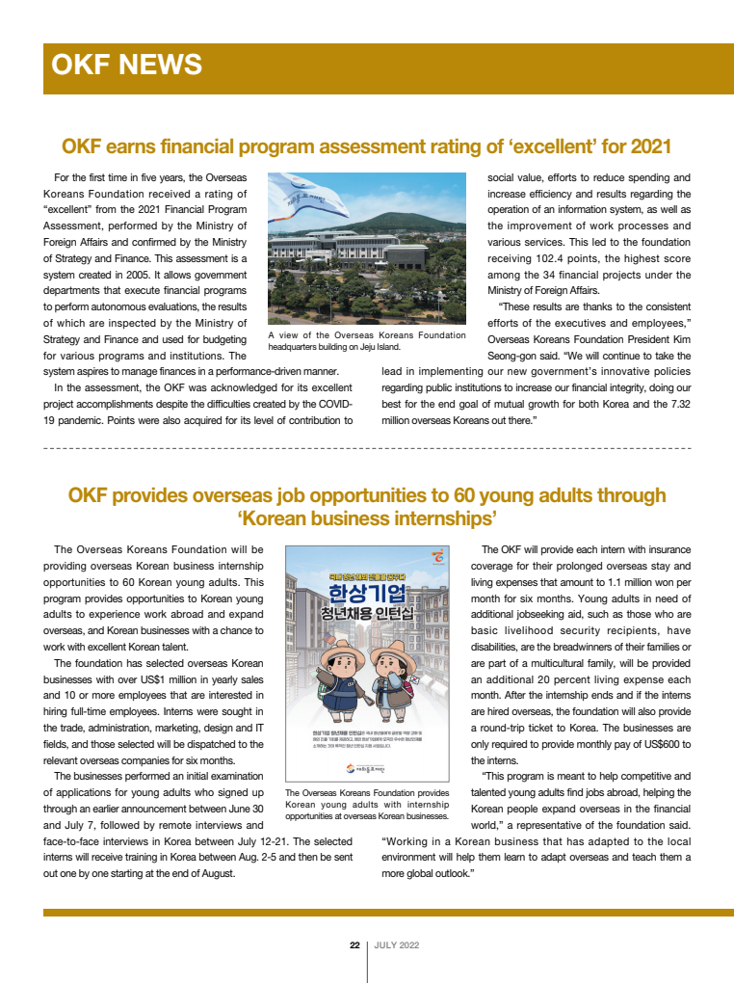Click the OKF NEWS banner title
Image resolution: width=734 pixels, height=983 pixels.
(126, 65)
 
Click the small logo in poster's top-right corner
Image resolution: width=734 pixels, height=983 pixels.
(438, 557)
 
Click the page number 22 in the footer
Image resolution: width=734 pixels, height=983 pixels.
(354, 945)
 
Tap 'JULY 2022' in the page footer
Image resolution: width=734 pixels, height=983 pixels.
(397, 945)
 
